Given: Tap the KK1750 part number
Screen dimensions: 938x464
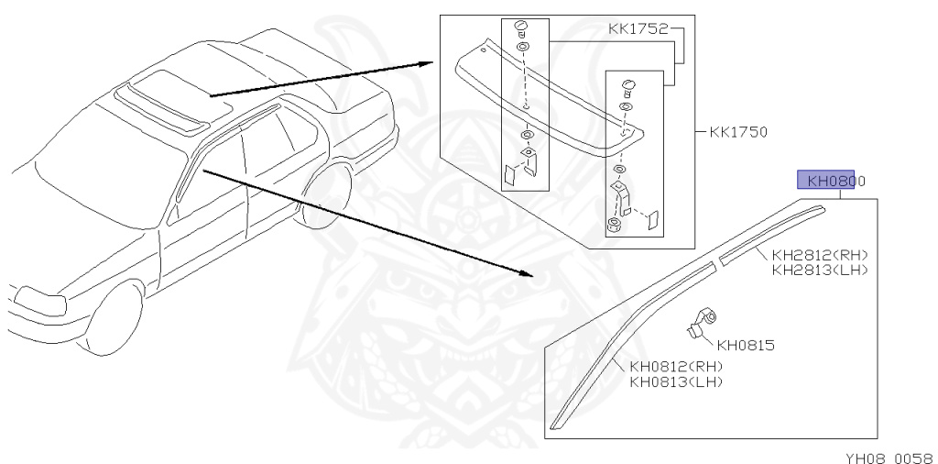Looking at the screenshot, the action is tap(738, 132).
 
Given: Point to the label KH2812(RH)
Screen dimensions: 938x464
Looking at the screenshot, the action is tap(820, 255).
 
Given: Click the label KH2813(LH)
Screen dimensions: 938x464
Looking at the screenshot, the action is tap(820, 270).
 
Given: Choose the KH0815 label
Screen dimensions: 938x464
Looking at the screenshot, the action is tap(746, 346).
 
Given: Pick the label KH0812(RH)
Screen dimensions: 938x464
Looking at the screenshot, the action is tap(676, 367).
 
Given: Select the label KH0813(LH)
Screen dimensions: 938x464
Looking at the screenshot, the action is tap(676, 381).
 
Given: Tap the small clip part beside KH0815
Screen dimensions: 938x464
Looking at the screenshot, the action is tap(702, 321).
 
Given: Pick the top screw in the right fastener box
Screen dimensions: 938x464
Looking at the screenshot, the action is tap(627, 87).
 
